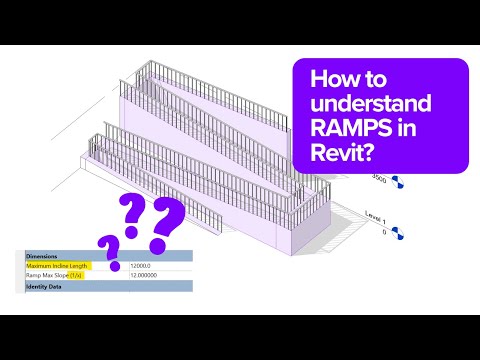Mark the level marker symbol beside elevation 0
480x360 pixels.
pos(399,234)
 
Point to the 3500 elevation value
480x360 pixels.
pos(379,177)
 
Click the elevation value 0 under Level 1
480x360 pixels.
pos(384,231)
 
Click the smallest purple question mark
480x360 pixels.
pos(109,249)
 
